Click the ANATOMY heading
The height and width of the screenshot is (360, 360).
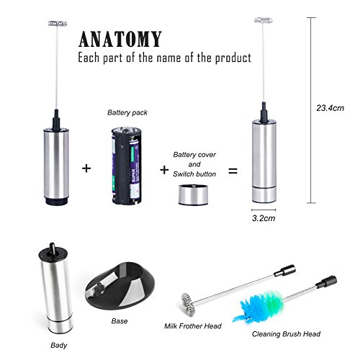click(x=120, y=39)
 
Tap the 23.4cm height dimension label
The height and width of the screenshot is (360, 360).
click(x=330, y=108)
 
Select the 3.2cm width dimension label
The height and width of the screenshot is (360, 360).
click(x=264, y=218)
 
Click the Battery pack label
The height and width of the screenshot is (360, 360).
click(x=127, y=112)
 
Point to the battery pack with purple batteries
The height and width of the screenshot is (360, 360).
click(x=127, y=166)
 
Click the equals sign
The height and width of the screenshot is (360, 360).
click(x=233, y=171)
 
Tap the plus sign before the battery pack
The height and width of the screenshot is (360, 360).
click(x=86, y=168)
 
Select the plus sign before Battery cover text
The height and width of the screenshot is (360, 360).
click(x=164, y=170)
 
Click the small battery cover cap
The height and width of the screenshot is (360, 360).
click(x=193, y=194)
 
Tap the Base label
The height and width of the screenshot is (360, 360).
click(x=120, y=321)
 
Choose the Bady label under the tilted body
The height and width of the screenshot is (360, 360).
click(x=58, y=346)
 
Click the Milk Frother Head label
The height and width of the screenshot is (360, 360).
click(x=193, y=326)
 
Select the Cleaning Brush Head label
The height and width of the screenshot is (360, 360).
click(x=286, y=334)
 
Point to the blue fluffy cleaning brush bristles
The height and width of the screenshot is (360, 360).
click(x=261, y=305)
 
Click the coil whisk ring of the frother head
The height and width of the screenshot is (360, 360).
click(x=188, y=304)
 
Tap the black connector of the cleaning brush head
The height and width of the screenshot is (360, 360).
click(x=326, y=282)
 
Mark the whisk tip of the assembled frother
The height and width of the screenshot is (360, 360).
click(x=264, y=20)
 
